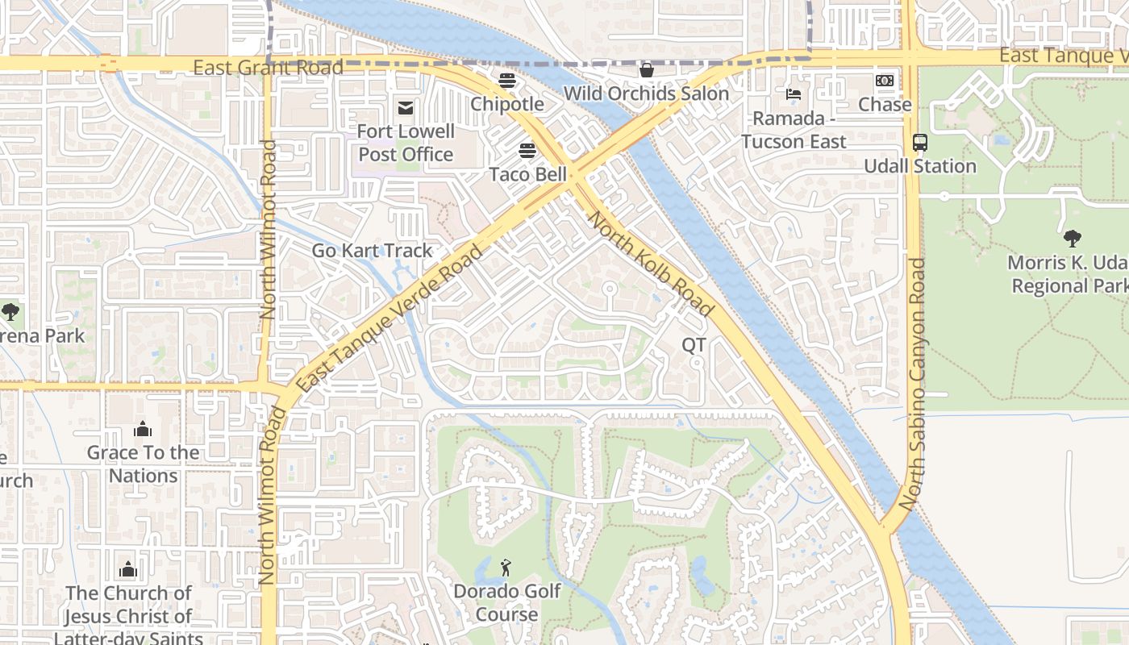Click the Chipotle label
pos(506,104)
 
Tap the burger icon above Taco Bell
pos(527,151)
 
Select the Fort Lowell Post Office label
pos(406,143)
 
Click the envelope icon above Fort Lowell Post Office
pos(405,107)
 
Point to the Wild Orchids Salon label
pos(646,94)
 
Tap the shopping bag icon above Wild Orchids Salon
pos(646,70)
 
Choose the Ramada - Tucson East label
pos(794,130)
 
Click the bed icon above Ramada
pos(794,94)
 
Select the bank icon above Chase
pos(885,81)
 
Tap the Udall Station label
pos(919,166)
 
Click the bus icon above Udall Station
pos(919,143)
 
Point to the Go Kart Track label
pos(372,251)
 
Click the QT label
pos(694,345)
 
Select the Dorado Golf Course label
pos(506,602)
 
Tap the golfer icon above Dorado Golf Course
pos(506,568)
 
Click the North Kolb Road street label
pos(651,263)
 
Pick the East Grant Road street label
pos(269,67)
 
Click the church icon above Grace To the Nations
pos(143,428)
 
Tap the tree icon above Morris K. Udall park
pos(1072,239)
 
